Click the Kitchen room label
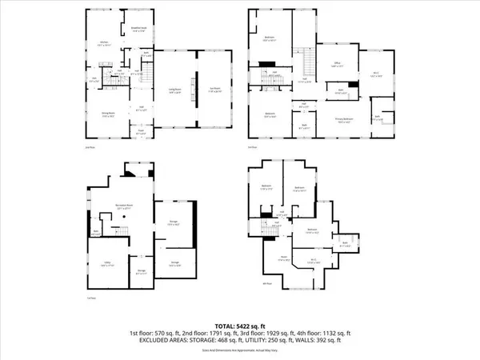coord(104,44)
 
